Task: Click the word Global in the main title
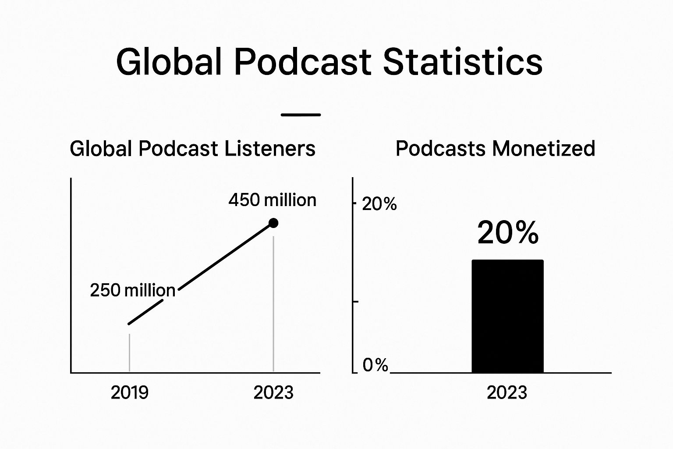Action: (169, 62)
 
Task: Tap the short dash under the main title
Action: (301, 114)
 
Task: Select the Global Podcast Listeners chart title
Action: (193, 148)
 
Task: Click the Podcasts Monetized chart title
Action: (496, 148)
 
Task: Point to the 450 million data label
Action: (273, 200)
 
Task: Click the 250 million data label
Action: (132, 290)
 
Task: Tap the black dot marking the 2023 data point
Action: (273, 223)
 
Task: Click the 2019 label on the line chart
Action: (130, 392)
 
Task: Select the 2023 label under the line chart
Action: (273, 392)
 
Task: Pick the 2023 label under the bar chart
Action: (507, 392)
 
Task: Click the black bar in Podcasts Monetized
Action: (507, 316)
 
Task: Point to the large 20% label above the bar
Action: (508, 232)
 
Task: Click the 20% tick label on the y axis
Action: (379, 204)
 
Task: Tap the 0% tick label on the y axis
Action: (375, 365)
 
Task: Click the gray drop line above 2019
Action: (130, 353)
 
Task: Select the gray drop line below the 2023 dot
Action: (273, 304)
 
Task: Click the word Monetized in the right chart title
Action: (544, 148)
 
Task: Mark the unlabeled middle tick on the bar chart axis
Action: (355, 301)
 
